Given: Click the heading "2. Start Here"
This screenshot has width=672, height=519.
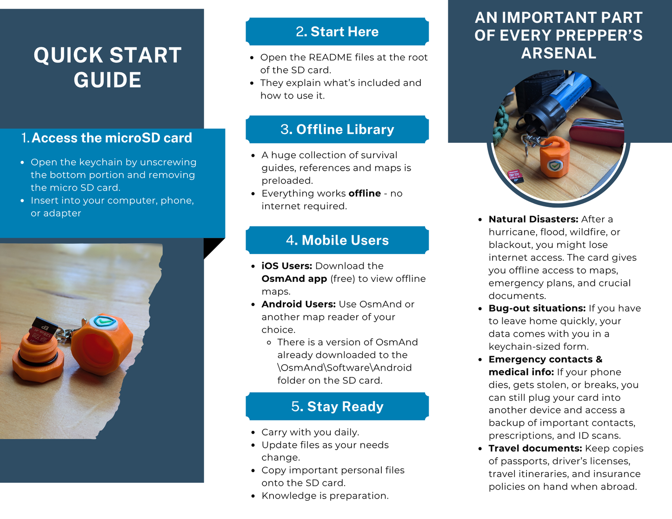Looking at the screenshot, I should (337, 32).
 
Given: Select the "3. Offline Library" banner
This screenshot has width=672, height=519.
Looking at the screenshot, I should (337, 129).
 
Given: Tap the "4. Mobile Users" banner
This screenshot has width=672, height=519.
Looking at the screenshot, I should (337, 240).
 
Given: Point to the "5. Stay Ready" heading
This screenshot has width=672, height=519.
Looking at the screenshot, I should (337, 406).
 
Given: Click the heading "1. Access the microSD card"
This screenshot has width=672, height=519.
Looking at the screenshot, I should (106, 138).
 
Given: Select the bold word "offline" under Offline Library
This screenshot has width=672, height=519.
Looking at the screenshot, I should (365, 193).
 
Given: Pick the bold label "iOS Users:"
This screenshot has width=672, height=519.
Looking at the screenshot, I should (286, 266).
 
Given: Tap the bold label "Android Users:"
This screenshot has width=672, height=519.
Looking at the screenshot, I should (299, 304).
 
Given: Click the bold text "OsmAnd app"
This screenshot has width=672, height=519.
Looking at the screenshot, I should (294, 279).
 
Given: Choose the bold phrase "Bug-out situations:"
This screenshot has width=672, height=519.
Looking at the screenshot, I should (537, 308).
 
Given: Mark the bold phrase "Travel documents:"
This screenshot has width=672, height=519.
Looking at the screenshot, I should (535, 448).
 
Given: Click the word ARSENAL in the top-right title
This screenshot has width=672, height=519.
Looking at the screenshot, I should (559, 53).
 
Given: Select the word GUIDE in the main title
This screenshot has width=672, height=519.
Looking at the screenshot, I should (107, 80).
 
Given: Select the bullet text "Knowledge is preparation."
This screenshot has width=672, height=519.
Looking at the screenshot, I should (325, 496).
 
